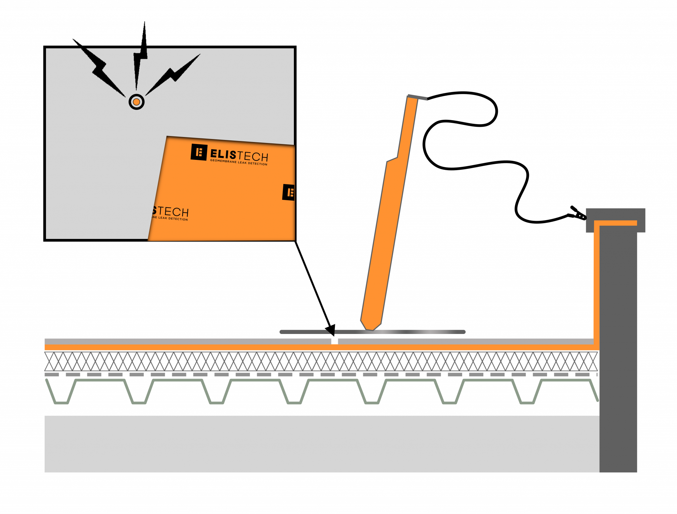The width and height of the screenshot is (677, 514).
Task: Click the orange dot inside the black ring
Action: (x=136, y=102)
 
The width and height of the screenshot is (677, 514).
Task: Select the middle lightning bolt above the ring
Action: (x=138, y=66)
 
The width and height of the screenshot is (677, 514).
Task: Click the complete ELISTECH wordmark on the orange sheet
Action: (x=239, y=155)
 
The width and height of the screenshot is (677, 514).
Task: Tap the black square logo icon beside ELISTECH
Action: (x=199, y=152)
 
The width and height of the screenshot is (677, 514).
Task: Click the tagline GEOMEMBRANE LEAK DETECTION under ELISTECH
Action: (x=239, y=162)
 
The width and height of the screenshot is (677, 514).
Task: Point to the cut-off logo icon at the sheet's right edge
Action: (x=289, y=192)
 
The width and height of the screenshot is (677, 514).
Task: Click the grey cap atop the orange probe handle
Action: (x=418, y=97)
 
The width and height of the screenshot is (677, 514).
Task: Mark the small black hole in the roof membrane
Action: (x=335, y=341)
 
